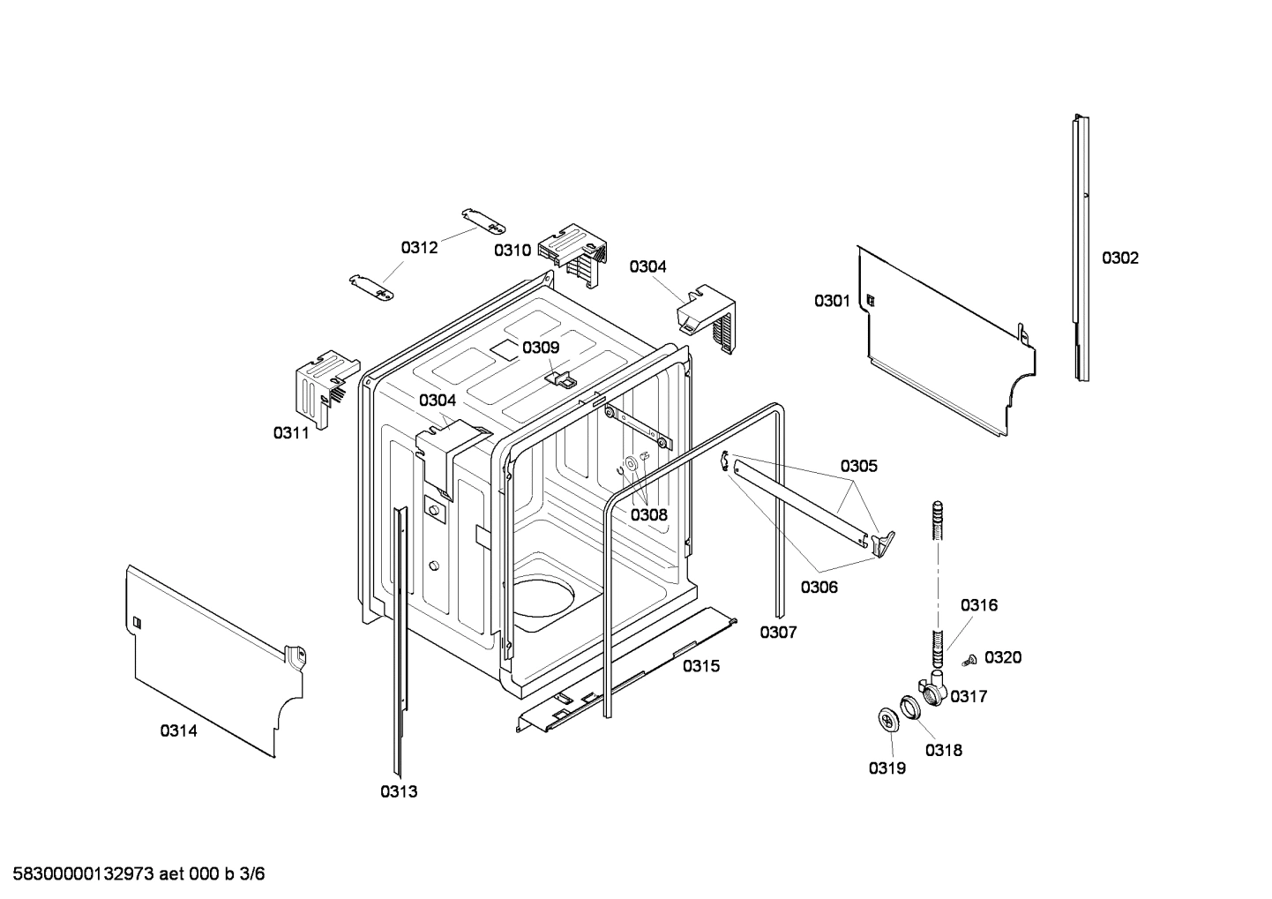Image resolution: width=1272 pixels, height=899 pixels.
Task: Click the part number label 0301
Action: [832, 302]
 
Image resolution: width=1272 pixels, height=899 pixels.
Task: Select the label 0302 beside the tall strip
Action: [1119, 258]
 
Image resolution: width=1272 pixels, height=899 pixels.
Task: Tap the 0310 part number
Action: [513, 250]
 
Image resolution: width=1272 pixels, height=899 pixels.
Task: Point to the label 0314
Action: [178, 730]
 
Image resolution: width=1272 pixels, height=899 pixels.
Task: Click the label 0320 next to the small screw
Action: [1003, 657]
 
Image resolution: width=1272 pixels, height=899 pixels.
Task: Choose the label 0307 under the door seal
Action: [778, 632]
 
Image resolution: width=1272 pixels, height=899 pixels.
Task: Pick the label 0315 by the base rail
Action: [701, 666]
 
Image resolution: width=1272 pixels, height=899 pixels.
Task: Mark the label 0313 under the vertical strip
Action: [399, 791]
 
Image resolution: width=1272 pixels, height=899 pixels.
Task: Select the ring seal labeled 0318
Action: [910, 707]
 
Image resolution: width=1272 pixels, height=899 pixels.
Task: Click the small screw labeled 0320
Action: [969, 658]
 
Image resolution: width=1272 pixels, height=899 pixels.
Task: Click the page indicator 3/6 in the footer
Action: [252, 874]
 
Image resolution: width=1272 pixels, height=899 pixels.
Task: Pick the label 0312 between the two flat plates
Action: [419, 248]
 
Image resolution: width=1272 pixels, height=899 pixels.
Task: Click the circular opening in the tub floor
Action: [541, 596]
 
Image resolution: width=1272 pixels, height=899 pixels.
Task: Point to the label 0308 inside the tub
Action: [648, 514]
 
